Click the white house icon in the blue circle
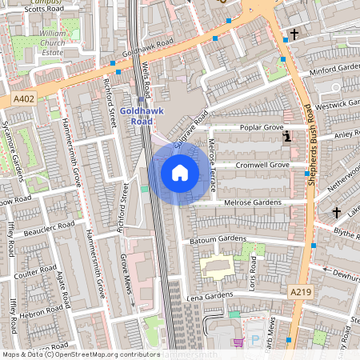[180, 172]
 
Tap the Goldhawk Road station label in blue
[140, 116]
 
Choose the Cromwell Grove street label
[262, 165]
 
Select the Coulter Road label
[33, 270]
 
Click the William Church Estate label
[53, 41]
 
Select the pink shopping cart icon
[238, 343]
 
